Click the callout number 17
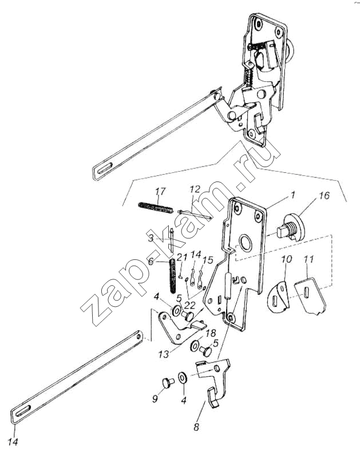coord(160,191)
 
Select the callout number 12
coord(195,189)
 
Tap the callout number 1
coord(292,195)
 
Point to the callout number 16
coord(324,195)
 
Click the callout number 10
coord(287,259)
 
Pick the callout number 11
coord(308,259)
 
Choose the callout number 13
coord(164,354)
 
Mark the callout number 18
coord(211,333)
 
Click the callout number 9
coord(155,398)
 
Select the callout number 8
coord(196,427)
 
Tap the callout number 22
coord(190,306)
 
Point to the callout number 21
coord(182,257)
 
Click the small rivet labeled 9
coord(168,382)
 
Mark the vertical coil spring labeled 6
coord(173,276)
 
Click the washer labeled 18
coord(195,346)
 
